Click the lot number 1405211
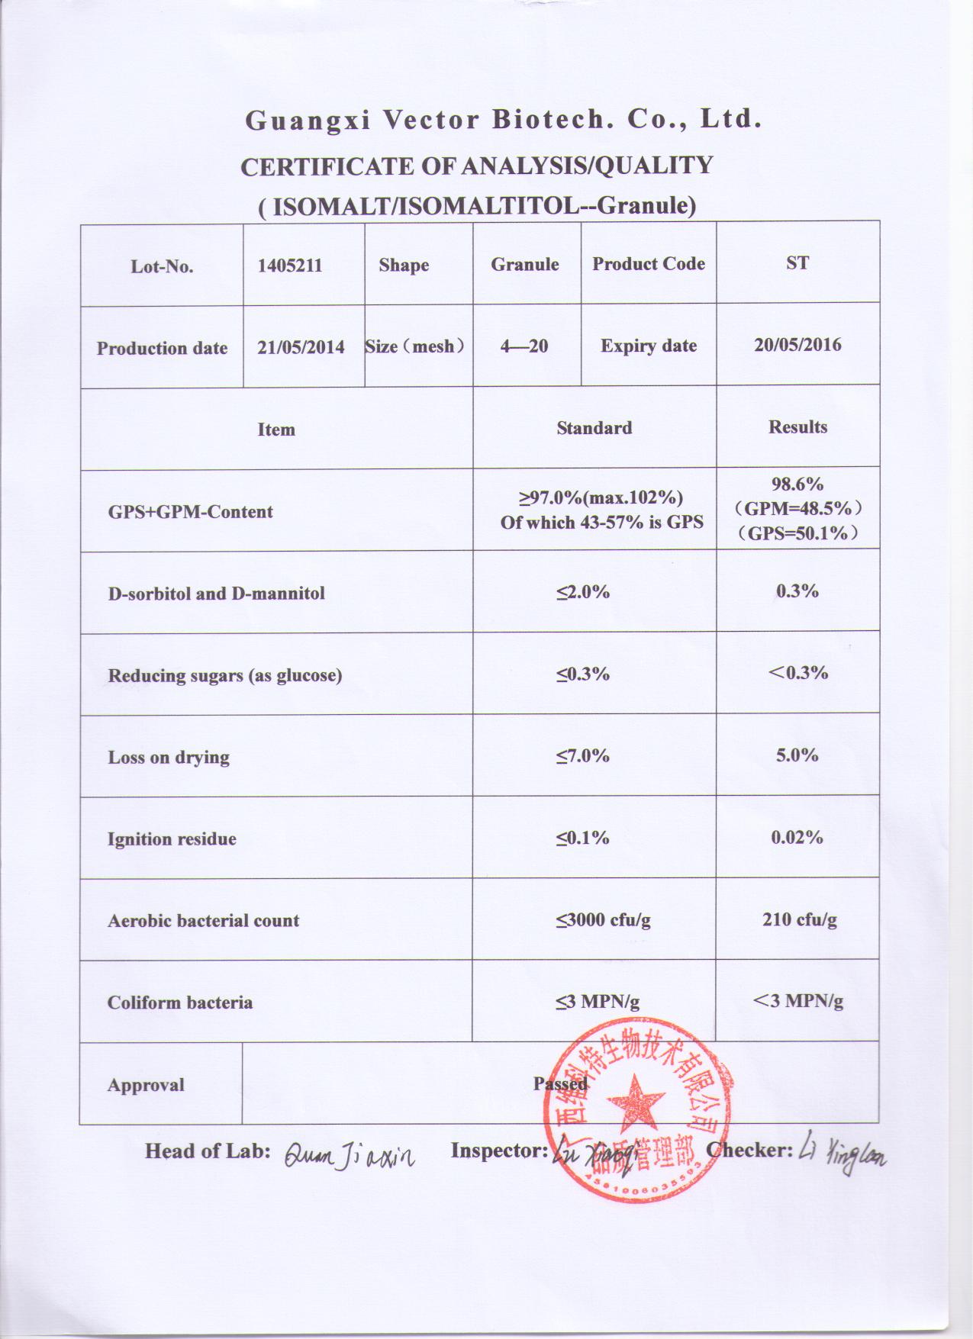289,266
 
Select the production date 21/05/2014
301,347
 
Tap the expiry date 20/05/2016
797,345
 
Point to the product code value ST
797,263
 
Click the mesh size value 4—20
524,346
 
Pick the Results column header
797,426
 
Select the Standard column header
594,428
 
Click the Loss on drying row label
169,758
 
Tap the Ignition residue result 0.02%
797,838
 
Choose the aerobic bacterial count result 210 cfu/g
799,919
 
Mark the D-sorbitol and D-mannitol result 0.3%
797,591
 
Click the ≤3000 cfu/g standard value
603,920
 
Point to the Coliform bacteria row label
179,1003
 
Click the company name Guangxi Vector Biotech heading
503,120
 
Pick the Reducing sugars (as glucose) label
224,675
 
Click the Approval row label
146,1085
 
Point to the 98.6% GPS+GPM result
797,484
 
